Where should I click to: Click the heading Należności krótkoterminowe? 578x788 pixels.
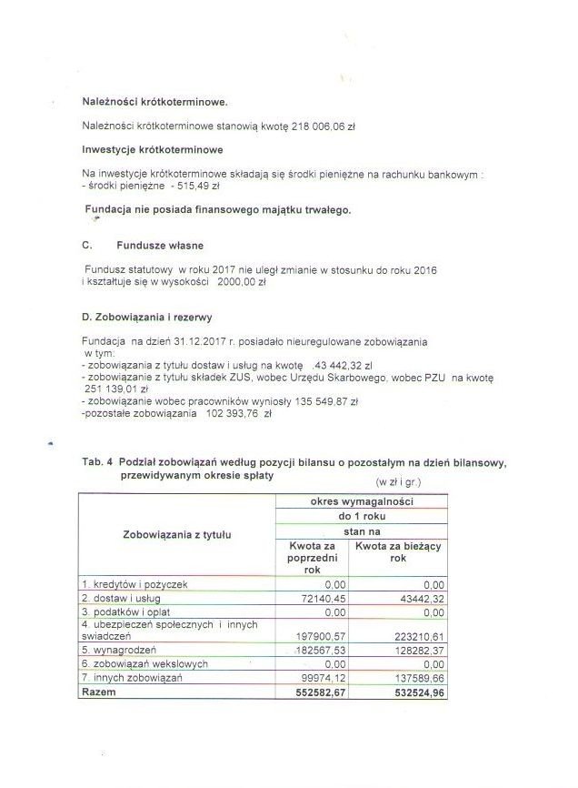click(x=154, y=101)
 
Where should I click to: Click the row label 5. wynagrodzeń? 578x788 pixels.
click(x=119, y=651)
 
